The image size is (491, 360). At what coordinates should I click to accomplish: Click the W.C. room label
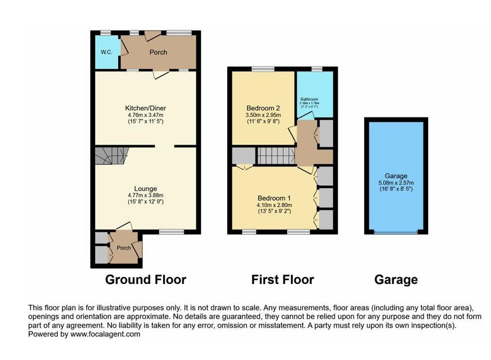(106, 52)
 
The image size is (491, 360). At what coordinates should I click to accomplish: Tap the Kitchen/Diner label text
(145, 108)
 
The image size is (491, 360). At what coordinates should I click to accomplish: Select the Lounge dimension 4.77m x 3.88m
(145, 195)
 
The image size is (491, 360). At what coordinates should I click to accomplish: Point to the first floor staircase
(276, 156)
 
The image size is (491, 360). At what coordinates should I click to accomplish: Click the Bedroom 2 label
(263, 108)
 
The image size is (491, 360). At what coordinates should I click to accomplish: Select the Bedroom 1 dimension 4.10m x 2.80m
(273, 205)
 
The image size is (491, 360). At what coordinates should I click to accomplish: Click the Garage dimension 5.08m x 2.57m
(396, 183)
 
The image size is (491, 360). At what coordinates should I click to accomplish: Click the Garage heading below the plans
(396, 280)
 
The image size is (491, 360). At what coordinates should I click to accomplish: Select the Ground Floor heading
(145, 280)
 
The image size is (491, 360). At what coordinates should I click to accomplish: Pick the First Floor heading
(283, 280)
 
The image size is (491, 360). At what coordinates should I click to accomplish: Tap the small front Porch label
(124, 248)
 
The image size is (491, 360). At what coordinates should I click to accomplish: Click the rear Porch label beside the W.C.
(158, 52)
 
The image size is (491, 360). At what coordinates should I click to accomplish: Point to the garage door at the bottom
(396, 232)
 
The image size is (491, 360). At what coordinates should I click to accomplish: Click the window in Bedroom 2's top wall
(263, 69)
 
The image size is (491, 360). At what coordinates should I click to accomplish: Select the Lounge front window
(171, 232)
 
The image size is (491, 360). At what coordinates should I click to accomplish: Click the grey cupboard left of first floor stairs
(244, 156)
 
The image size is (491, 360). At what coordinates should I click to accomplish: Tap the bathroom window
(316, 69)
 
